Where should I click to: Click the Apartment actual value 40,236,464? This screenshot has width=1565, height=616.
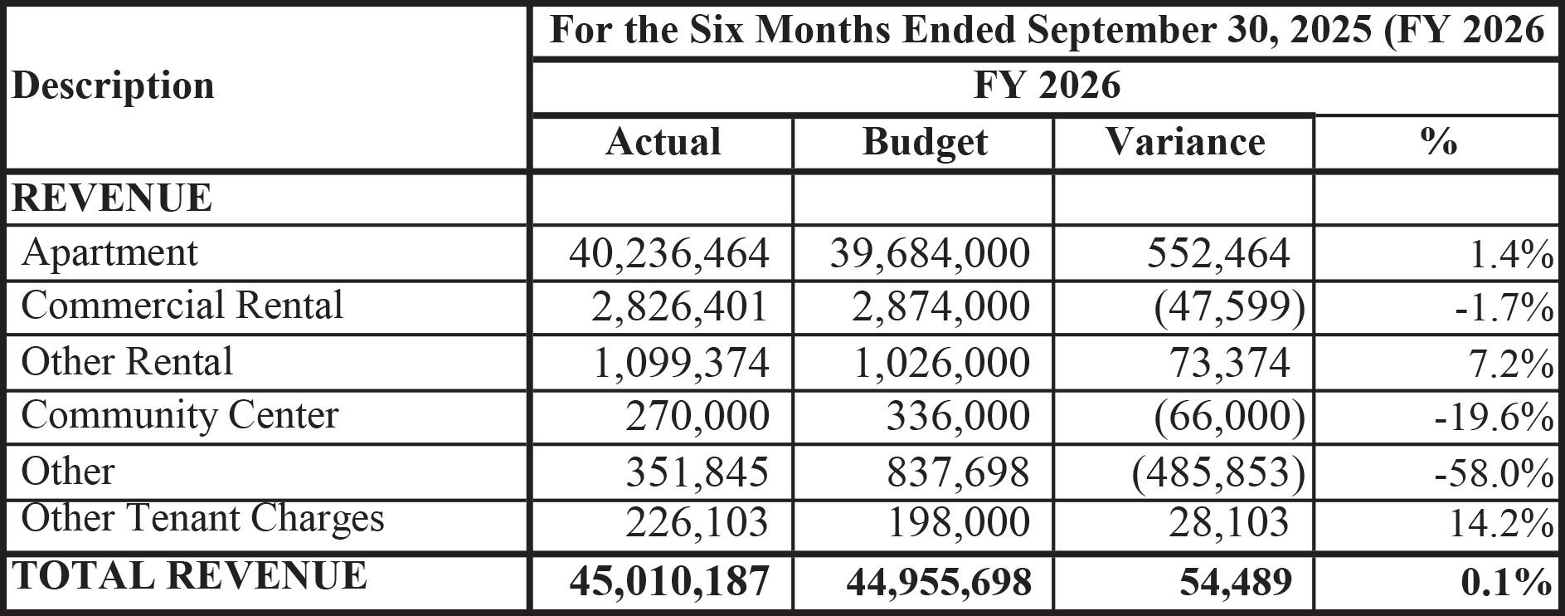tap(668, 253)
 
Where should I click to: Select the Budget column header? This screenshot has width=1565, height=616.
tap(924, 142)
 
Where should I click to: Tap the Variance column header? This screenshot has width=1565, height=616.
tap(1184, 142)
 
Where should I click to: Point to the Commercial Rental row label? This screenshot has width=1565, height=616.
tap(182, 306)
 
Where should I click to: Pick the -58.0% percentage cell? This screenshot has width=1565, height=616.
tap(1494, 473)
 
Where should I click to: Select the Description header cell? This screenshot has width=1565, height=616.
tap(113, 86)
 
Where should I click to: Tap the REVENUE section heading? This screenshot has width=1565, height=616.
tap(112, 198)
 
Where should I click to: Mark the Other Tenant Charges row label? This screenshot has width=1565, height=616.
tap(202, 519)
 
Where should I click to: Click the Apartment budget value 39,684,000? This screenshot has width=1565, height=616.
tap(930, 253)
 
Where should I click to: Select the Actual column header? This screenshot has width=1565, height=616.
tap(663, 142)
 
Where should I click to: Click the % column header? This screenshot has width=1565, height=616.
tap(1437, 142)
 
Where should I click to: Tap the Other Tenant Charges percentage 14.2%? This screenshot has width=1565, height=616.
tap(1500, 523)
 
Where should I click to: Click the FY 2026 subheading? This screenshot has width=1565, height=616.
tap(1046, 86)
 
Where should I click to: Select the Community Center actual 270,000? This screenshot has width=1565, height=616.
tap(697, 416)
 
